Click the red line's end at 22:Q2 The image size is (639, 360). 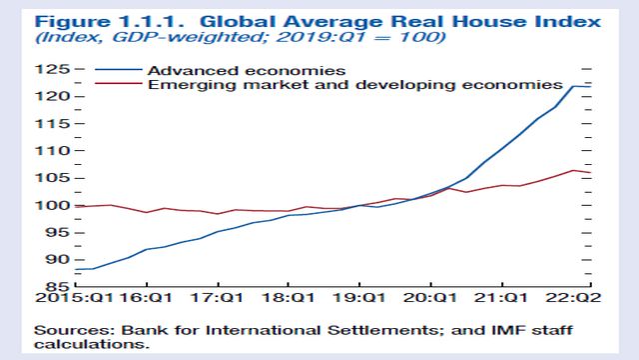point(588,173)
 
